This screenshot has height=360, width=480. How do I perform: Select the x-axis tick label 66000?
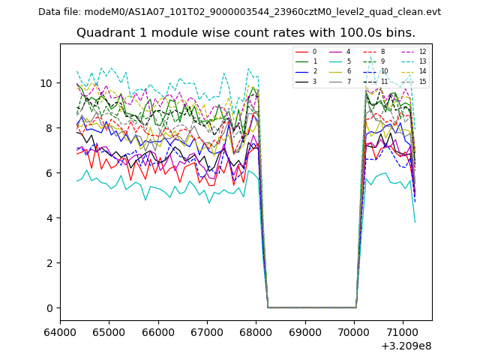[x=158, y=331]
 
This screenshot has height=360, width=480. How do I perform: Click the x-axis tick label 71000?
[x=403, y=331]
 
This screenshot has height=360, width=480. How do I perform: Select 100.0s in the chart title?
[x=351, y=33]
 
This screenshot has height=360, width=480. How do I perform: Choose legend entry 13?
[x=422, y=61]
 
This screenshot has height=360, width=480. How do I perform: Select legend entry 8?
[x=382, y=52]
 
